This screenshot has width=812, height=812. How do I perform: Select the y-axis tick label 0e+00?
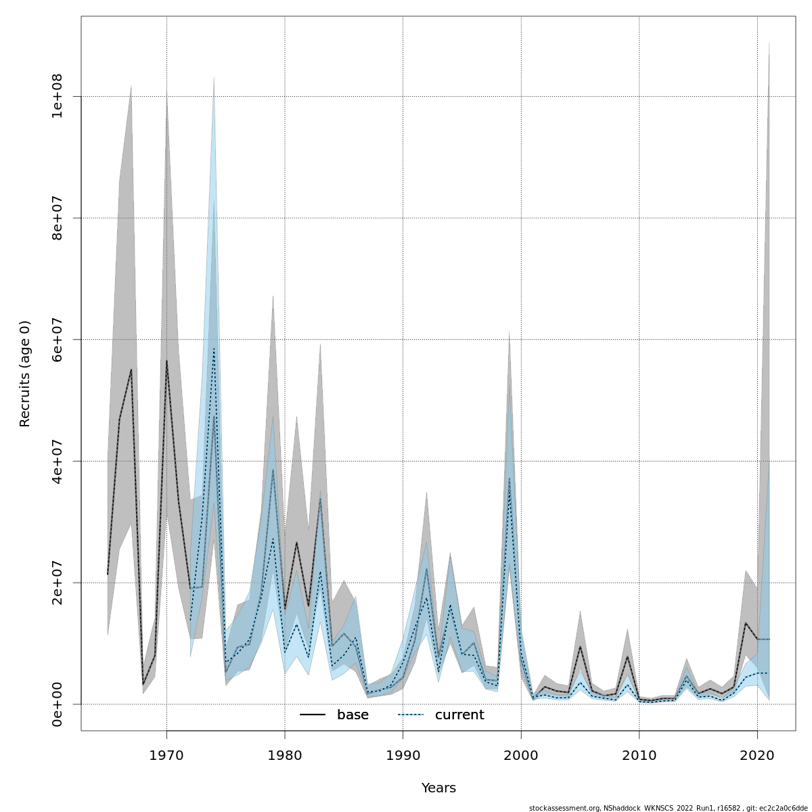(x=58, y=704)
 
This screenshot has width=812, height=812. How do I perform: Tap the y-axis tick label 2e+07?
(x=58, y=583)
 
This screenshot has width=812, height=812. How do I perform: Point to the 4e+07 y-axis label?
(x=58, y=461)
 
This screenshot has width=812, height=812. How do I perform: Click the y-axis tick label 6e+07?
(x=58, y=339)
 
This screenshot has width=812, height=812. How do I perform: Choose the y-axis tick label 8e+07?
(x=58, y=218)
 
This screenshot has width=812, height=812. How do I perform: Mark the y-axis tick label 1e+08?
(x=58, y=96)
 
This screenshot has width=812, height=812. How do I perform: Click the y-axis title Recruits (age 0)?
(x=25, y=374)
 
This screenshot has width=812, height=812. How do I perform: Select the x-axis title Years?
(x=438, y=788)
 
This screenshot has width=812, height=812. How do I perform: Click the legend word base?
(x=353, y=715)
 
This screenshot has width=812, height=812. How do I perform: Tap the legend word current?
(x=459, y=715)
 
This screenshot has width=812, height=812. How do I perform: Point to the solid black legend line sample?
(x=313, y=715)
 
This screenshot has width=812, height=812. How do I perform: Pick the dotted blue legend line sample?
(x=411, y=715)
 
